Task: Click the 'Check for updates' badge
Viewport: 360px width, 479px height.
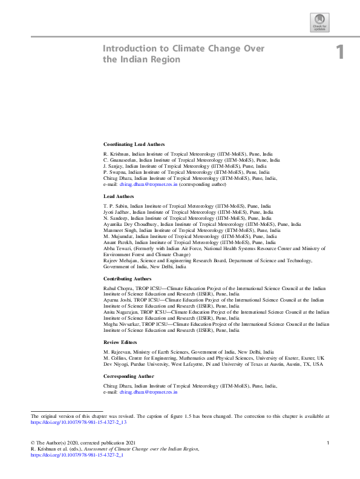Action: (x=319, y=22)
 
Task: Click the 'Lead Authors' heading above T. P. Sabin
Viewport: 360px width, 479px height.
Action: (x=119, y=197)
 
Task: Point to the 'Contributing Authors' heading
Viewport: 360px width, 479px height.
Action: (x=128, y=278)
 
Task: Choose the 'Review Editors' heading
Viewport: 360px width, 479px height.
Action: (x=122, y=342)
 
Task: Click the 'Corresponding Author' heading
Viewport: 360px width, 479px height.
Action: (x=129, y=376)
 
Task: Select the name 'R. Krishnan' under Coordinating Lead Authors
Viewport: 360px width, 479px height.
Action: (x=116, y=154)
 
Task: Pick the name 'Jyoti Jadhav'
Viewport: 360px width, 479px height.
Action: (x=116, y=213)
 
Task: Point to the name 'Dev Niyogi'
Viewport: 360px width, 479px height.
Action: (x=116, y=365)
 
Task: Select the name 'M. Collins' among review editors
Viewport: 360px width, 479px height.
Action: (x=115, y=358)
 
